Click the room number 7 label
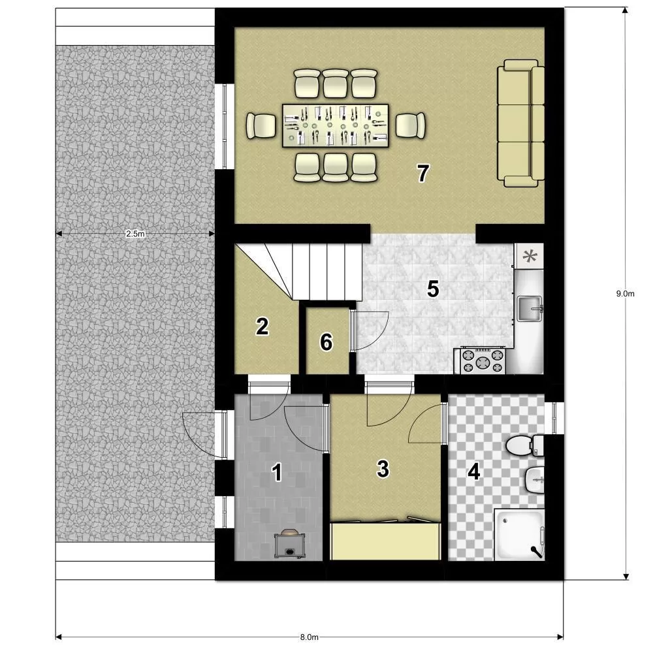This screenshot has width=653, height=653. point(423,173)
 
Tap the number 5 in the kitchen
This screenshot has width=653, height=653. point(433,289)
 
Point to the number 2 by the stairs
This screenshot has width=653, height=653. point(262,326)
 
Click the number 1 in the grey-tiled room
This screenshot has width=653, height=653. point(277,473)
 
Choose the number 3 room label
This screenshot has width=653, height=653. point(383,468)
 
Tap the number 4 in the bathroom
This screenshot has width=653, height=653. point(474,472)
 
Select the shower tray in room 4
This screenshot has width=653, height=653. point(519,534)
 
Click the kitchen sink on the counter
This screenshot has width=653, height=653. point(530,309)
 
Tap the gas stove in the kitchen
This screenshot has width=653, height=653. point(483,360)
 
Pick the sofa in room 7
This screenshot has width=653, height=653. point(521,123)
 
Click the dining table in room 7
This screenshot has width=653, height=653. point(335,125)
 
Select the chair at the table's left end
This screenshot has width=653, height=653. point(261,125)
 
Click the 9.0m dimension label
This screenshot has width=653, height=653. point(625,294)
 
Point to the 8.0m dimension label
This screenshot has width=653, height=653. point(309,637)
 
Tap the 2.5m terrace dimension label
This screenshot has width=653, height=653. point(135,234)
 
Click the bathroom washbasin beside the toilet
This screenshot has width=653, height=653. point(534,479)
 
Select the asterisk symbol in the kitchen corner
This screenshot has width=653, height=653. point(530,256)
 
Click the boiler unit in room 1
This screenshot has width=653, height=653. point(290,544)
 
